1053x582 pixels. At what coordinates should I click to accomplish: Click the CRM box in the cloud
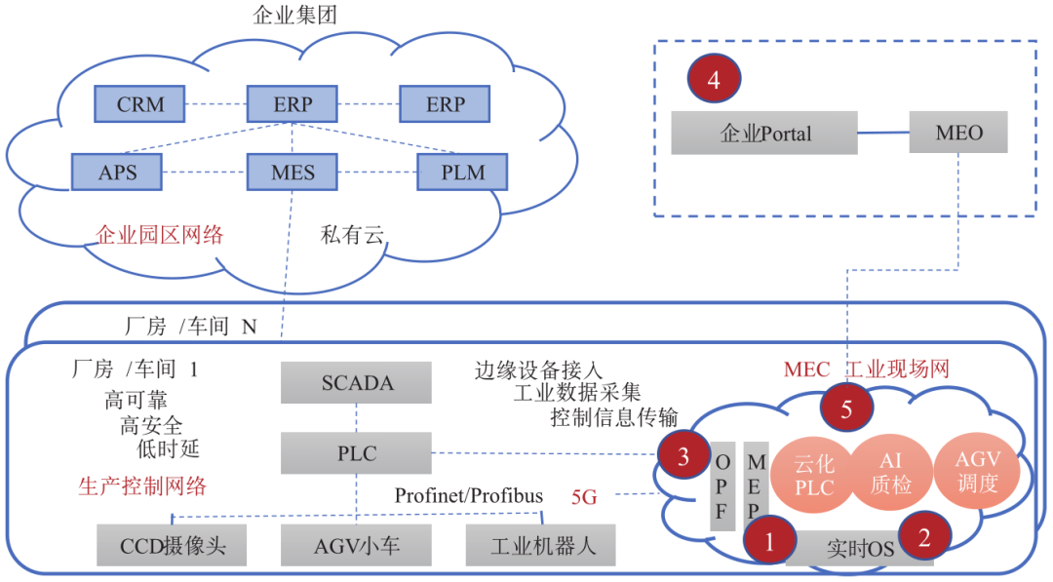coord(140,104)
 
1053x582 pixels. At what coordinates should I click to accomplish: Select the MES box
coord(292,173)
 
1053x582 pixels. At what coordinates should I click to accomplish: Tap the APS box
coord(117,173)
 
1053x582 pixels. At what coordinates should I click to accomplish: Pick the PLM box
coord(462,173)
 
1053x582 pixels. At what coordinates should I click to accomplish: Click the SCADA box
coord(357,383)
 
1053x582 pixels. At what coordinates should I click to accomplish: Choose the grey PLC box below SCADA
coord(357,453)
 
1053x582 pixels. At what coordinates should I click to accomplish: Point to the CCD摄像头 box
coord(172,545)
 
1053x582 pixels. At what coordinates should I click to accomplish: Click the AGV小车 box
coord(357,545)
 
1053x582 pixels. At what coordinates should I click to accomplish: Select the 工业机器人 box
coord(540,545)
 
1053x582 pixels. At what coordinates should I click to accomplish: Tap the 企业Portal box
coord(764,133)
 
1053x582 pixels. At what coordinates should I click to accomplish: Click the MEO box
coord(958,133)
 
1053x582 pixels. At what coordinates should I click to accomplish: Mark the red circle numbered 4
coord(714,80)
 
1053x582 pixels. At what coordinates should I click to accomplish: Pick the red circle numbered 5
coord(846,408)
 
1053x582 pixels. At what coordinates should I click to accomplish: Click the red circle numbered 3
coord(684,455)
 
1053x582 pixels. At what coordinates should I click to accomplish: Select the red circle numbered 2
coord(923,534)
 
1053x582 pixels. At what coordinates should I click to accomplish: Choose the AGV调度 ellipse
coord(978,472)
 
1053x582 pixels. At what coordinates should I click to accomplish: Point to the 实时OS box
coord(858,549)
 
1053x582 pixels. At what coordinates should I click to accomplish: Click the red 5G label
coord(584,497)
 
